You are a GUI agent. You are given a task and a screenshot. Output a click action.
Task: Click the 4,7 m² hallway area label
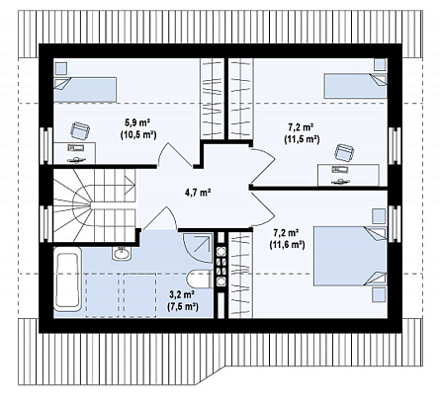(x=197, y=193)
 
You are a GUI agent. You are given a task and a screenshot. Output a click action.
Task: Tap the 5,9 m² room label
(x=137, y=122)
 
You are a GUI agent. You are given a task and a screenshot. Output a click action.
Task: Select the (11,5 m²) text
(x=302, y=139)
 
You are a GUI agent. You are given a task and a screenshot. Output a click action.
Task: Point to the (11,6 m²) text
(x=287, y=245)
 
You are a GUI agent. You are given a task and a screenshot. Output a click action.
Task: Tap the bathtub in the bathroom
(x=67, y=280)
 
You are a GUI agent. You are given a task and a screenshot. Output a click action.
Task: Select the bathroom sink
(x=122, y=253)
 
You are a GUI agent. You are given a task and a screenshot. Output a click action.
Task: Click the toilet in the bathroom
(x=199, y=279)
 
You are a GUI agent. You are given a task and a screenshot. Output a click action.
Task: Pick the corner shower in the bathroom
(x=198, y=248)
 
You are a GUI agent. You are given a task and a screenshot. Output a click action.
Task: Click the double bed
(x=350, y=255)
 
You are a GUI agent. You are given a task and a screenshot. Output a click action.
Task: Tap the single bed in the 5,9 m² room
(x=85, y=89)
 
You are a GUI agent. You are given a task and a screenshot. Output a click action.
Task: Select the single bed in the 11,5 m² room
(x=355, y=86)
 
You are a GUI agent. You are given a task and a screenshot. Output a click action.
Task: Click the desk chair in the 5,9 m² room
(x=80, y=129)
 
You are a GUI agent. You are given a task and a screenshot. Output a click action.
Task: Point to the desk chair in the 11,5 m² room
(x=345, y=153)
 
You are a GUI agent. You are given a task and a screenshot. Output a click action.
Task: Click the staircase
(x=95, y=205)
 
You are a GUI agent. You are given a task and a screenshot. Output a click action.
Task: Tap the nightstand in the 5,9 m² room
(x=60, y=68)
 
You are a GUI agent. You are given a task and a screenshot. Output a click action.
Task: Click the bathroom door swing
(x=160, y=219)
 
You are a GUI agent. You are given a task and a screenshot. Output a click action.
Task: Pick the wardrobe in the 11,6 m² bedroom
(x=240, y=275)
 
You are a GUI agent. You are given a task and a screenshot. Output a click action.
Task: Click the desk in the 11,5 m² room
(x=348, y=176)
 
